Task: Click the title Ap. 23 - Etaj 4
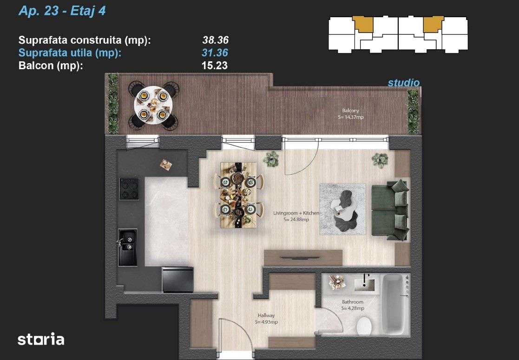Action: (x=62, y=11)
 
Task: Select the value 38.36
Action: (x=215, y=40)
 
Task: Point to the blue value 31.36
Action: (x=215, y=53)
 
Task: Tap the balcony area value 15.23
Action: (x=215, y=65)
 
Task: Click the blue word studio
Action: (x=403, y=83)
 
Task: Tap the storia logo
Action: (x=41, y=340)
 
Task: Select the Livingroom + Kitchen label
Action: (x=296, y=216)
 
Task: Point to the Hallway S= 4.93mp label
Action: (x=266, y=319)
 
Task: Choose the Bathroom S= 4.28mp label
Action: (x=352, y=305)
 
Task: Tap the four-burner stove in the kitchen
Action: (x=129, y=189)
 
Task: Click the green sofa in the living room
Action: (x=389, y=210)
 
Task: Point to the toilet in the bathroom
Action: (x=364, y=326)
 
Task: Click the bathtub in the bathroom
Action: (x=396, y=304)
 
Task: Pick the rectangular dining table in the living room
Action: (x=238, y=195)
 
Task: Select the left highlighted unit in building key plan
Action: (x=363, y=24)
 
